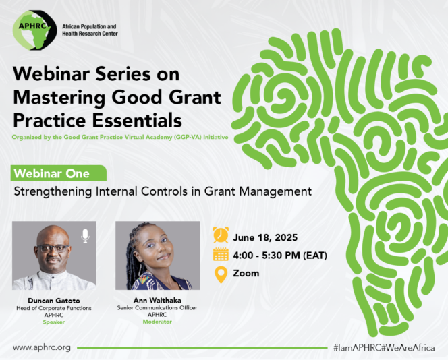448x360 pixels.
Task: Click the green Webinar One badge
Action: click(59, 173)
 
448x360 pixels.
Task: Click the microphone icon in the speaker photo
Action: click(85, 236)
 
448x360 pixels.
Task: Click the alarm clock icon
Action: click(221, 234)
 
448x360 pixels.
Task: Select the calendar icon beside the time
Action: click(221, 254)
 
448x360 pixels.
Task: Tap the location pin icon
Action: click(221, 274)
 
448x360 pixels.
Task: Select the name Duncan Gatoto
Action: click(54, 301)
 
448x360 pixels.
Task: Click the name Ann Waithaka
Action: click(157, 301)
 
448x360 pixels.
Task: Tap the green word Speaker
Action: click(54, 322)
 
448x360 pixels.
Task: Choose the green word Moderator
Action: click(157, 322)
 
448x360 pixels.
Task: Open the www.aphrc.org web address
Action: click(42, 347)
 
